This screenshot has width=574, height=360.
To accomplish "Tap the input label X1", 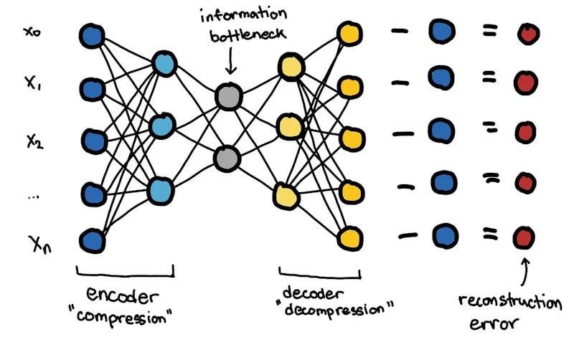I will click(x=32, y=85).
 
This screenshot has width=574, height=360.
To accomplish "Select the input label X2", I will click(x=33, y=140).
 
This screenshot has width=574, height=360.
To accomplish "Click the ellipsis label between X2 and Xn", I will click(x=32, y=196).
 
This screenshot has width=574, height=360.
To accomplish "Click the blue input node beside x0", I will click(x=91, y=35).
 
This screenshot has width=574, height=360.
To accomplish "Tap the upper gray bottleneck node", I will click(x=228, y=97).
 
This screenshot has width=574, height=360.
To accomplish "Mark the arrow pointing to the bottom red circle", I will click(x=525, y=270).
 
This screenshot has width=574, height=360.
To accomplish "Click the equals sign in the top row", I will click(x=490, y=32).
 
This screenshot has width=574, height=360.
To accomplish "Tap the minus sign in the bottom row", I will click(x=407, y=237).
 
